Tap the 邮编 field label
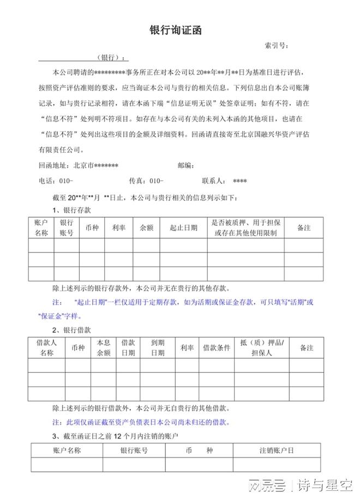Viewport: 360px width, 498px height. pos(186,165)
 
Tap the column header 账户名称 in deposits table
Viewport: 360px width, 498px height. pos(41,228)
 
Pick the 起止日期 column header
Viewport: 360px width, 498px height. pos(183,228)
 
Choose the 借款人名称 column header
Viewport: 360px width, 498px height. pos(46,347)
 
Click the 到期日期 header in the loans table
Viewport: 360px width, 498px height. pos(158,347)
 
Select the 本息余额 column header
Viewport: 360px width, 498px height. pos(104,347)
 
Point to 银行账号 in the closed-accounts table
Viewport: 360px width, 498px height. pos(134,451)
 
